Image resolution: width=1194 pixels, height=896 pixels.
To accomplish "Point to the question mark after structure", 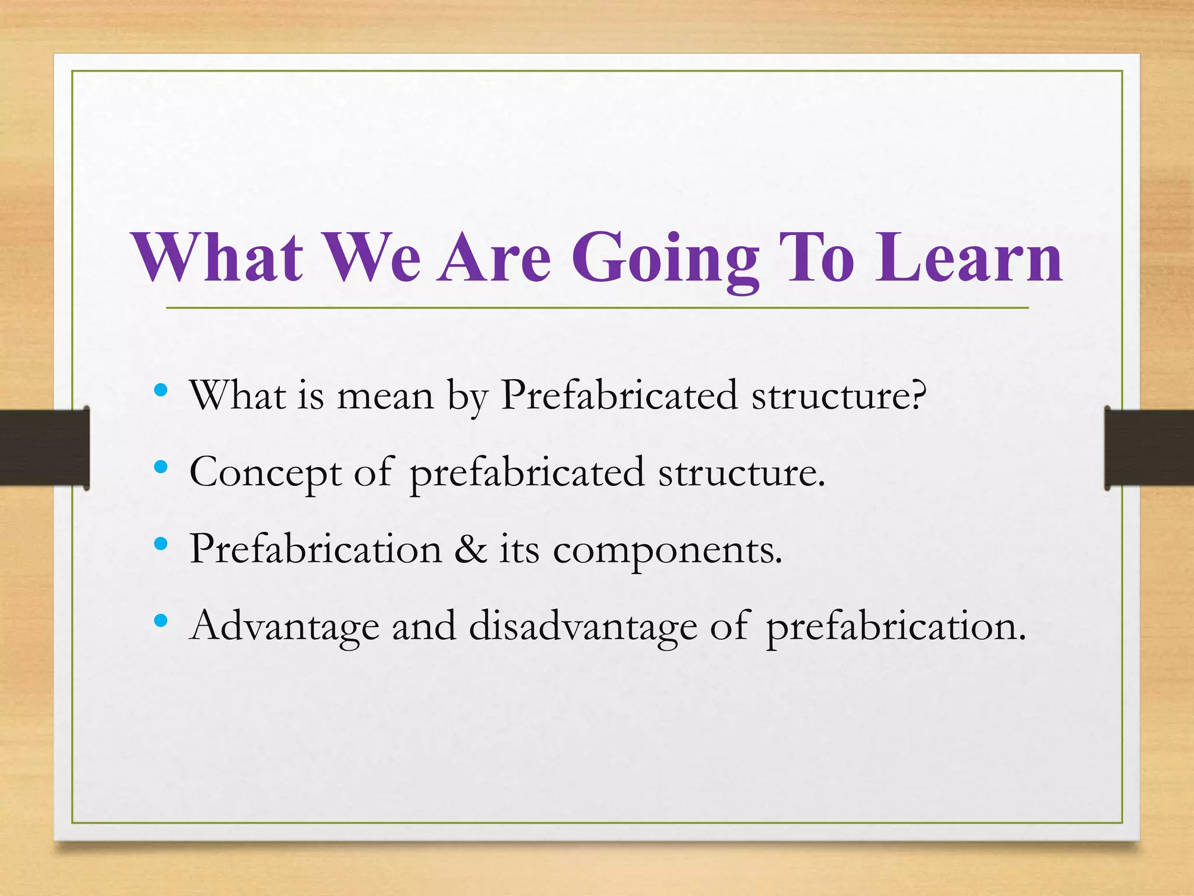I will pos(917,395).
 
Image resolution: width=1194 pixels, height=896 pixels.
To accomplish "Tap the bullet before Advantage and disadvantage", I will pos(161,621).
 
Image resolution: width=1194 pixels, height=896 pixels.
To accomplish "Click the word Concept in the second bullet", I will pos(265,473).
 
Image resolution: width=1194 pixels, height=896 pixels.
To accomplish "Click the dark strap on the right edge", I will pos(1149,447).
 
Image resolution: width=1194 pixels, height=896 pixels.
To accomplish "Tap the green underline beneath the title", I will pos(597,307).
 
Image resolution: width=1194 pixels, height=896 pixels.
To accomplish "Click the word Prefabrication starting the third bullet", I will pos(315,549).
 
